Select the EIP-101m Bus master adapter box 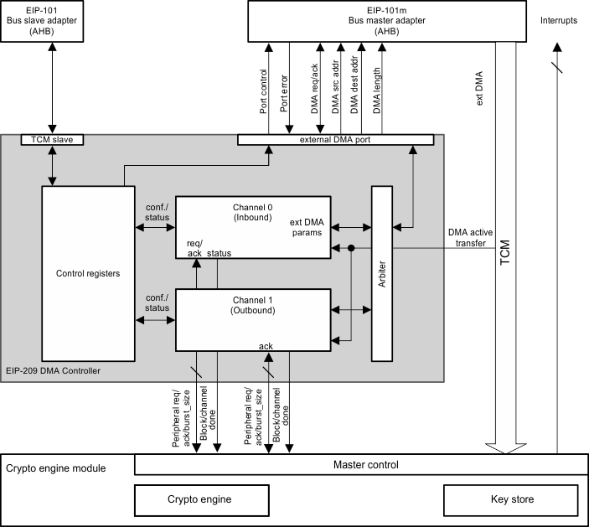(x=386, y=20)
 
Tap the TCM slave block (x=52, y=140)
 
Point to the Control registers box (x=88, y=273)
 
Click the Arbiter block (x=382, y=274)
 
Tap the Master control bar (x=359, y=464)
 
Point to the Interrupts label (x=559, y=21)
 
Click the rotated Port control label (x=263, y=92)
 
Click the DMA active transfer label (x=470, y=238)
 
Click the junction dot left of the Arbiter (x=351, y=248)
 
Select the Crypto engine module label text (x=56, y=468)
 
